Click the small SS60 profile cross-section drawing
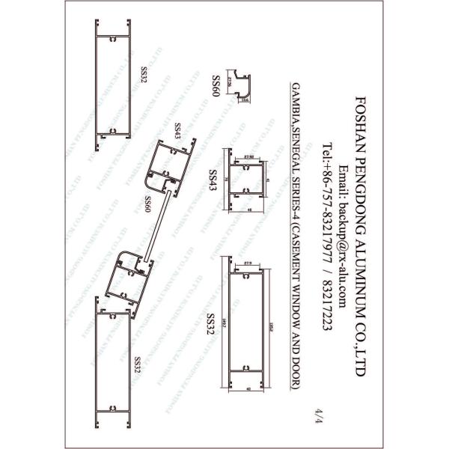[240, 85]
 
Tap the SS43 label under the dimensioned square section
[213, 180]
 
